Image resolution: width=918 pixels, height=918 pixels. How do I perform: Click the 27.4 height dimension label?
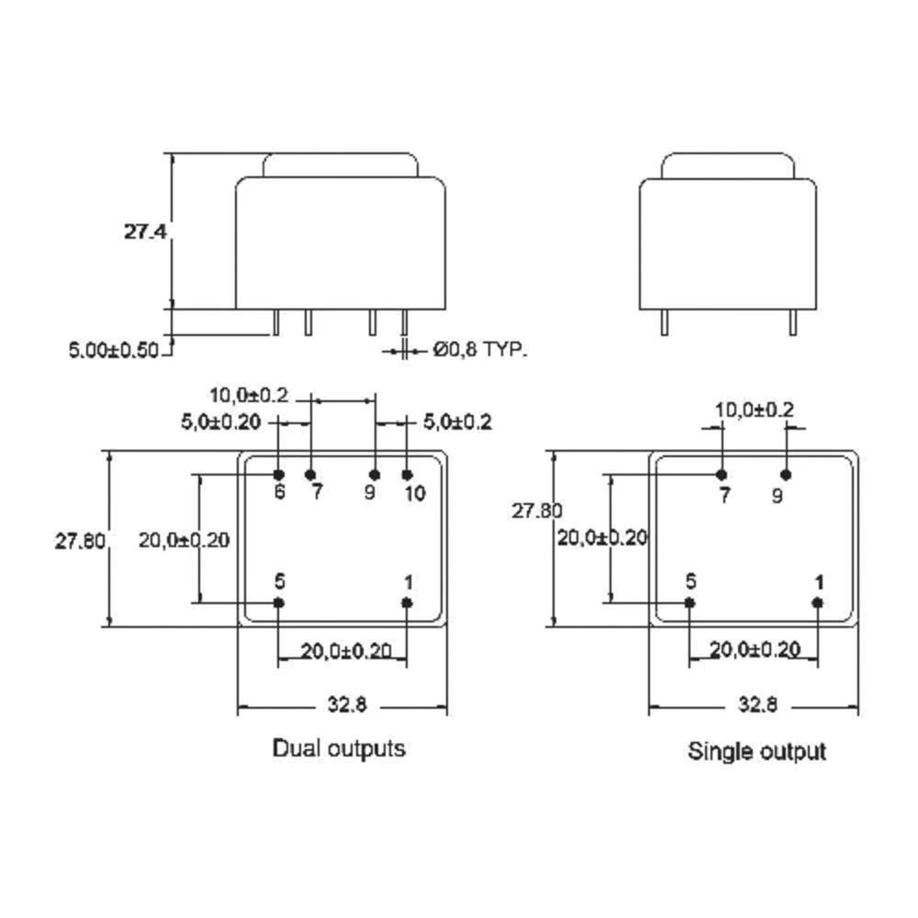pos(145,232)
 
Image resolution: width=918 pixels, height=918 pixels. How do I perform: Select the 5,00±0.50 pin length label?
pos(114,350)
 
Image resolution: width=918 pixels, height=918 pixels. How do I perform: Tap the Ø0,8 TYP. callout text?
pos(480,350)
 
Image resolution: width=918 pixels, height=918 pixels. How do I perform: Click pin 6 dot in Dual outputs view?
pos(278,474)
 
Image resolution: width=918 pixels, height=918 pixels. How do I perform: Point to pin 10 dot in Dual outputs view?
pos(408,474)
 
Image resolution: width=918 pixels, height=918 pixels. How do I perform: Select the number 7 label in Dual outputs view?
pos(317,493)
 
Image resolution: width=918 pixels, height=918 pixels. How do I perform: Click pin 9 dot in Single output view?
pos(786,474)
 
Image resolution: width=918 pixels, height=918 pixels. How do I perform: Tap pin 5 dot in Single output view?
pos(690,602)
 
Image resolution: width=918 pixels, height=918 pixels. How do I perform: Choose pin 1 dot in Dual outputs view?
pos(408,602)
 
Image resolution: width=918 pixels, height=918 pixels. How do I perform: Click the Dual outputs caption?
pos(339,748)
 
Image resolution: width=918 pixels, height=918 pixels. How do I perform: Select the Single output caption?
pos(757,751)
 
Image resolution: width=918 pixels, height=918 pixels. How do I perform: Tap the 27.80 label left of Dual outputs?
pos(79,541)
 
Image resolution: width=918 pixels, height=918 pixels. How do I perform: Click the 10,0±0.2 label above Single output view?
pos(754,409)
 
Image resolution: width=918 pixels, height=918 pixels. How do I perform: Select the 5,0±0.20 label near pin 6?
pos(220,422)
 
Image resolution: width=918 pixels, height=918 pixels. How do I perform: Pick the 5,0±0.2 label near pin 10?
pos(457,422)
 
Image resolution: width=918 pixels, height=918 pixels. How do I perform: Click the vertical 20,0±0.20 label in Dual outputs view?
pos(184,540)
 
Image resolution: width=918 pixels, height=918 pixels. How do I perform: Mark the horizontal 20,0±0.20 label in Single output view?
pos(754,650)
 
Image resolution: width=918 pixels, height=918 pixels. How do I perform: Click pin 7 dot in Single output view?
pos(722,474)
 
